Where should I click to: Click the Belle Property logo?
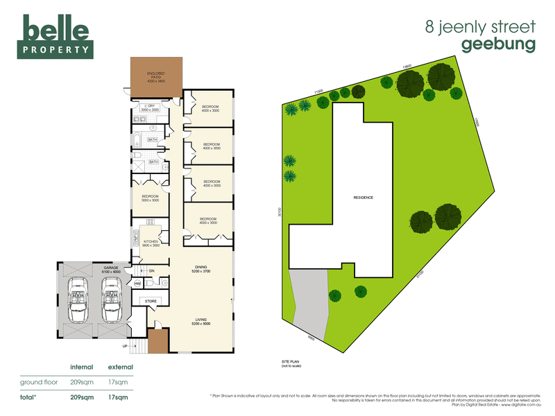(56, 37)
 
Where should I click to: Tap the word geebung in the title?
(498, 44)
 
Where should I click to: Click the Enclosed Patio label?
(155, 77)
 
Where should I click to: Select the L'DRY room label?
(150, 107)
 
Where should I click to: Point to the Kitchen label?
(151, 243)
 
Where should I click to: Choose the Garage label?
(112, 268)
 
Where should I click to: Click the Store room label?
(151, 302)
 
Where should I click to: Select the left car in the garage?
(78, 300)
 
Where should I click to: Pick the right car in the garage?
(111, 300)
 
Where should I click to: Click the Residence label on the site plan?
(363, 198)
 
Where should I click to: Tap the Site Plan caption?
(290, 363)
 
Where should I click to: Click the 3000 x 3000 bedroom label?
(150, 198)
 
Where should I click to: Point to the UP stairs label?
(125, 345)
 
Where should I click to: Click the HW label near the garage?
(138, 284)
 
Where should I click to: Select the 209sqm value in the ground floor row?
(82, 382)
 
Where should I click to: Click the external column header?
(120, 366)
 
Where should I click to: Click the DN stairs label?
(151, 270)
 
